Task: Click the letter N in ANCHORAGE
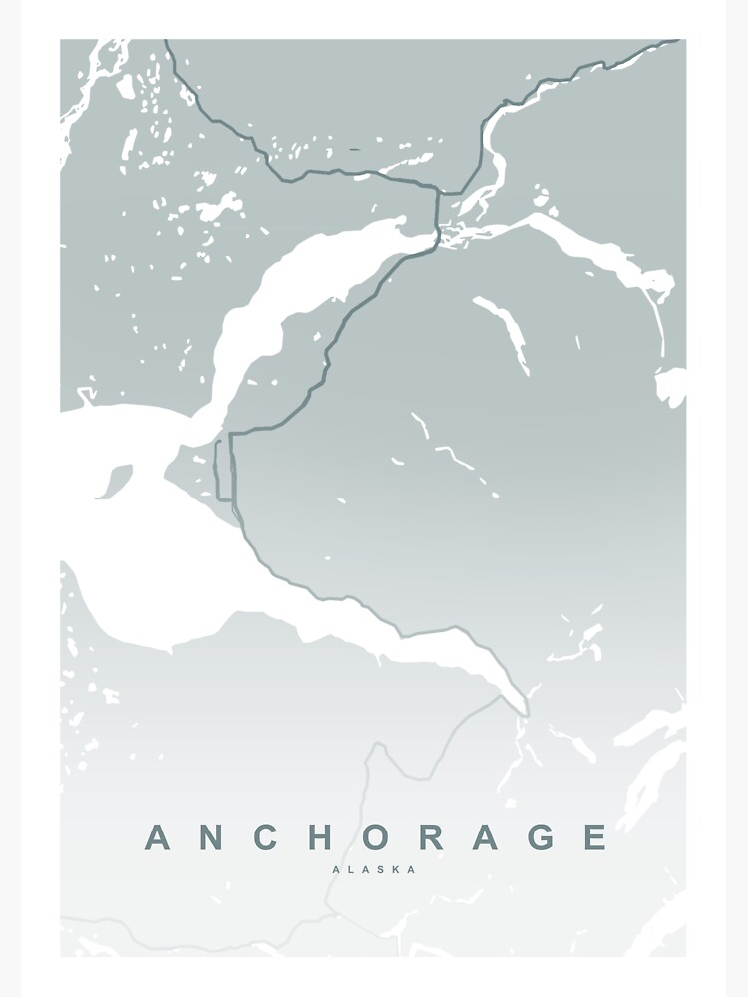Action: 211,837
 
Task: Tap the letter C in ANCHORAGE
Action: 265,837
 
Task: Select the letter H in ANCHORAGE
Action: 320,837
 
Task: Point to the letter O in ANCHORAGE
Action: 375,837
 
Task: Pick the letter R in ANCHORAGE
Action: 431,837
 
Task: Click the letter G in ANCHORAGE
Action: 540,837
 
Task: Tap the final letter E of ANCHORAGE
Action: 594,837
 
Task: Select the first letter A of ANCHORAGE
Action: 158,837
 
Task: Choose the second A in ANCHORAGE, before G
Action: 485,837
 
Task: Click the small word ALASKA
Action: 374,869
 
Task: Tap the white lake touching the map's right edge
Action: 671,386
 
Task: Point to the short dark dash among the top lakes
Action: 355,150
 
